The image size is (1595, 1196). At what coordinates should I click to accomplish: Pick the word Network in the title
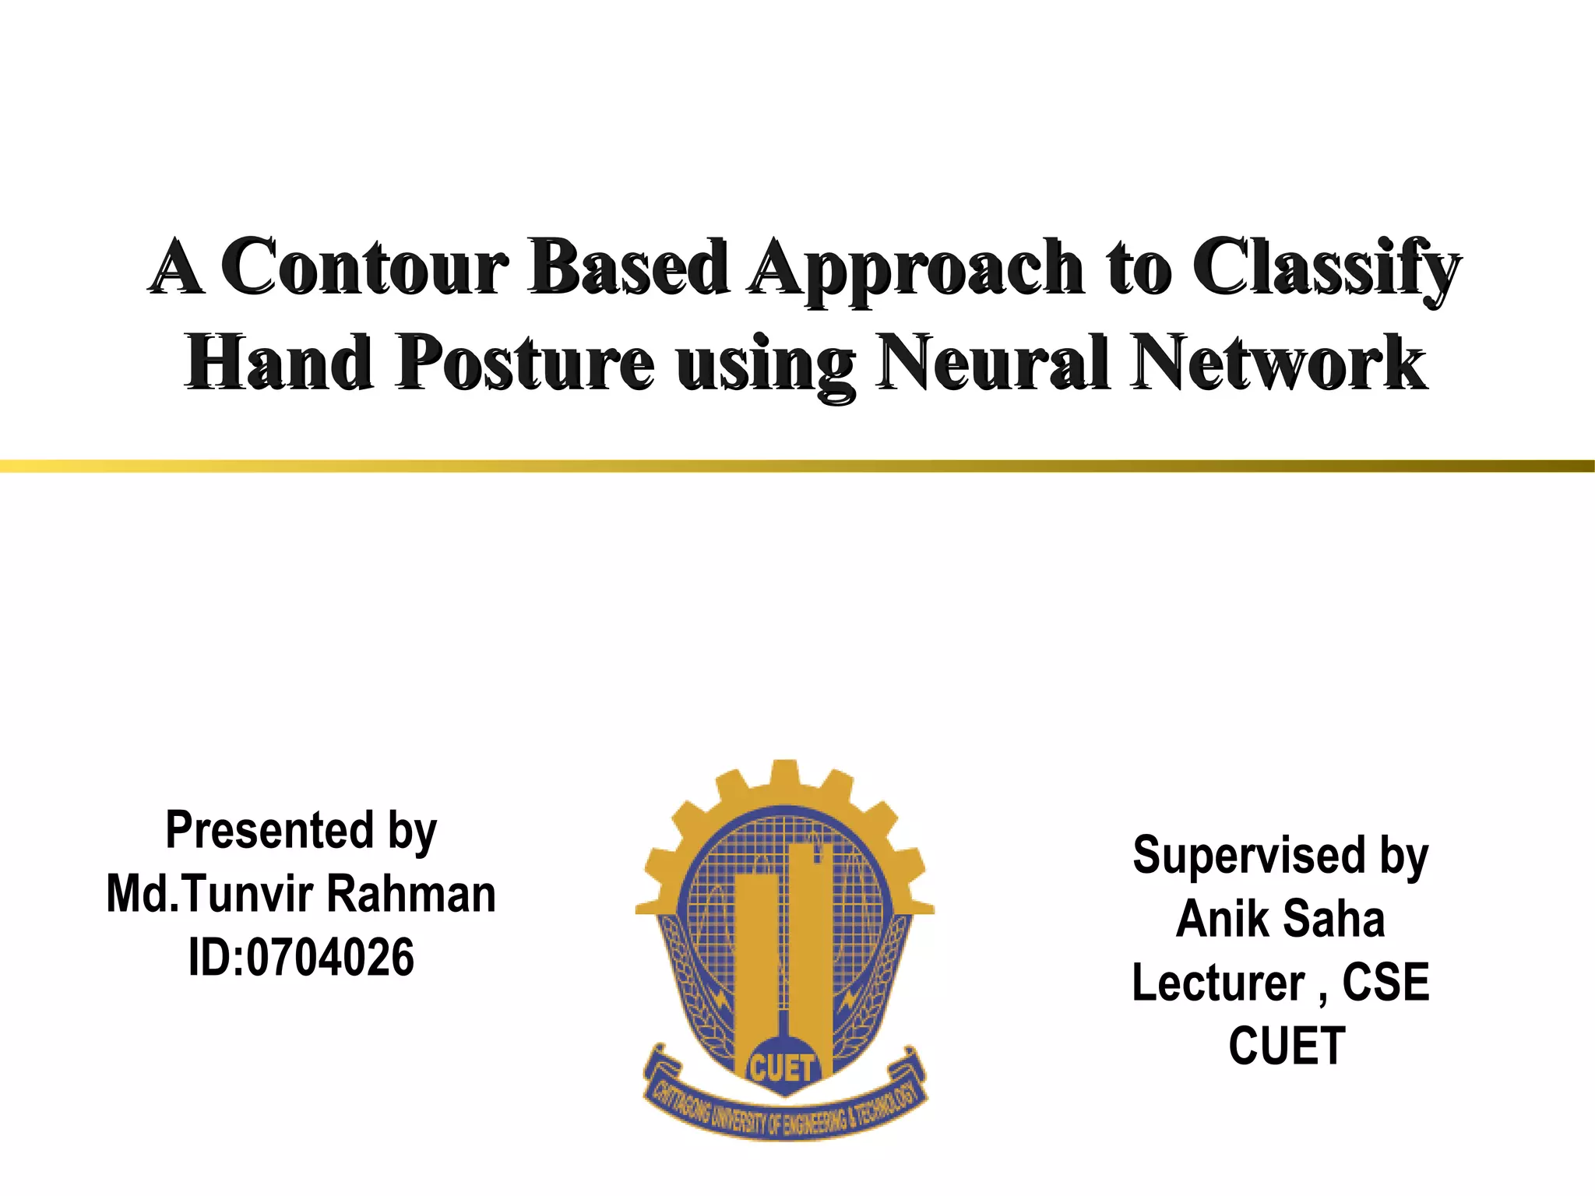[x=1278, y=363]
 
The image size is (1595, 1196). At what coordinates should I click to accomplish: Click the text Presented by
[x=301, y=830]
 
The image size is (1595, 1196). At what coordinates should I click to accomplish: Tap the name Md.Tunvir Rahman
[x=301, y=894]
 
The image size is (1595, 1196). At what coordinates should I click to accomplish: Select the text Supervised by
[x=1280, y=856]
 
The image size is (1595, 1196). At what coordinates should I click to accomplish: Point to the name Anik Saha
[x=1280, y=920]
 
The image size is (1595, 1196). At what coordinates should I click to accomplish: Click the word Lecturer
[x=1218, y=983]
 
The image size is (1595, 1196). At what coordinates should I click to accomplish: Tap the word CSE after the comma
[x=1386, y=983]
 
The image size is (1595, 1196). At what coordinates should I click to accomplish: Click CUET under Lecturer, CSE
[x=1287, y=1046]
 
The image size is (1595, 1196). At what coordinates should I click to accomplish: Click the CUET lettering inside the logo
[x=782, y=1069]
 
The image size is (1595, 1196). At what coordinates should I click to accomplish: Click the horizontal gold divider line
[x=797, y=466]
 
